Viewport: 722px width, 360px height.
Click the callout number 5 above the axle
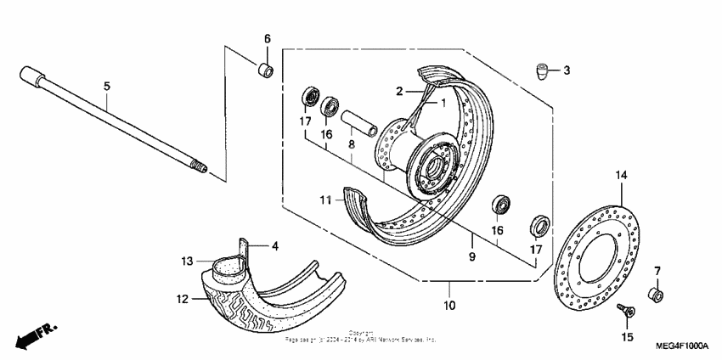(x=107, y=86)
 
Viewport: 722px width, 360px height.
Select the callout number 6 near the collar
(x=266, y=39)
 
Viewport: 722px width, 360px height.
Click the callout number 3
(x=567, y=70)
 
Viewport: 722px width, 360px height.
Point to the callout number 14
(x=621, y=176)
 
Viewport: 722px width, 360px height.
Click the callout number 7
(x=657, y=271)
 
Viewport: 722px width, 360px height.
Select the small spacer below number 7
(x=656, y=295)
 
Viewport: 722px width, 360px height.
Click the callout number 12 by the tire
(x=182, y=298)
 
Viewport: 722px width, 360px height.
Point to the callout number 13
(x=187, y=261)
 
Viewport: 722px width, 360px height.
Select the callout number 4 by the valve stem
(x=274, y=247)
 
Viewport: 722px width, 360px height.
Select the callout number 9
(x=472, y=253)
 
